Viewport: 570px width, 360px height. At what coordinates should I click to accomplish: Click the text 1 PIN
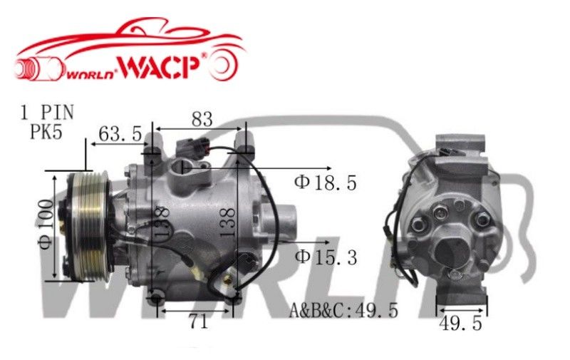coord(47,113)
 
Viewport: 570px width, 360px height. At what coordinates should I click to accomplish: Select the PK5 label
coord(46,132)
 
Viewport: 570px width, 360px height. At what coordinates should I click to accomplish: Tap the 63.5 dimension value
coord(120,133)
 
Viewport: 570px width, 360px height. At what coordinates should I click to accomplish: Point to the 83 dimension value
coord(202,119)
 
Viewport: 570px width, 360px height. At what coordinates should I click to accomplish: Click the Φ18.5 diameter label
coord(326,182)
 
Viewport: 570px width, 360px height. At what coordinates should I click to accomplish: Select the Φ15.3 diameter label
coord(326,257)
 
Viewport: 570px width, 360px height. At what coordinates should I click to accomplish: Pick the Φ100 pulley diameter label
coord(46,224)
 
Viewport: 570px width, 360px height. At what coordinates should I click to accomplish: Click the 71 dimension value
coord(199,322)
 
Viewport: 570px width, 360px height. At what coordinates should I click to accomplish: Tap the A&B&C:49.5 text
coord(343,310)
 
